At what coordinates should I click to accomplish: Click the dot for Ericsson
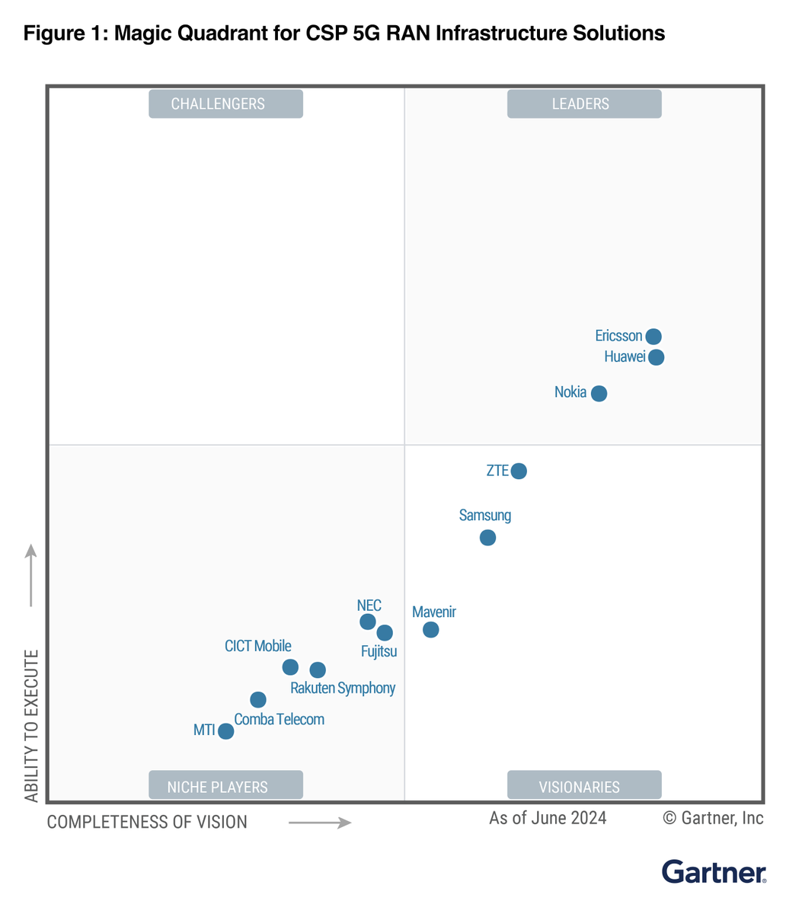(653, 337)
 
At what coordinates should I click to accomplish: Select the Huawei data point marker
(656, 357)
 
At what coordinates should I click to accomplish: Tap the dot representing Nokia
(599, 394)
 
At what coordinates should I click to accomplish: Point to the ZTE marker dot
(519, 471)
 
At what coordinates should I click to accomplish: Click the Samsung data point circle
(487, 538)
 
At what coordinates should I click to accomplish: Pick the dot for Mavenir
(430, 630)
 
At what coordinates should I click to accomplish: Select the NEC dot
(367, 622)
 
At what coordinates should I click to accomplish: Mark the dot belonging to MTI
(225, 731)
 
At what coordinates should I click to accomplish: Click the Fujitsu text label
(379, 652)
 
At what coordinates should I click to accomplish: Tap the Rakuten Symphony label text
(343, 689)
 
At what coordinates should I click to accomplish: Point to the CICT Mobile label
(257, 646)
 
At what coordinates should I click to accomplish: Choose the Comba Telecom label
(279, 720)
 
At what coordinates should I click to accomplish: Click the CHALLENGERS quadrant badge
(225, 104)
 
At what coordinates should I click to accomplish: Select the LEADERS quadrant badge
(583, 104)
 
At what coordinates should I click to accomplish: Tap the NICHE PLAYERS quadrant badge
(225, 786)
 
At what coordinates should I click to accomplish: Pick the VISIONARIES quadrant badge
(583, 786)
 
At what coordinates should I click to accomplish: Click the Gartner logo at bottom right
(714, 872)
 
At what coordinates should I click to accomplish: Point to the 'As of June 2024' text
(548, 819)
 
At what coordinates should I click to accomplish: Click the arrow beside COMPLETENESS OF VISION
(319, 823)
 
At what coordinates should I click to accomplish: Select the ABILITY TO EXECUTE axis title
(31, 726)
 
